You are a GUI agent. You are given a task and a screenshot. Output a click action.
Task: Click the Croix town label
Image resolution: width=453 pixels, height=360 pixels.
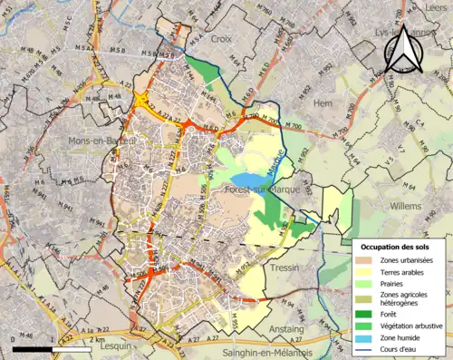pos(221,40)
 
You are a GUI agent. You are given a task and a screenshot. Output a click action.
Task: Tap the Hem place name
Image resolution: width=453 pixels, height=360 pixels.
pos(323,103)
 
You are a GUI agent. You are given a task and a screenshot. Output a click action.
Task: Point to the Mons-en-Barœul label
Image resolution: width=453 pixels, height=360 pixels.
pos(101,141)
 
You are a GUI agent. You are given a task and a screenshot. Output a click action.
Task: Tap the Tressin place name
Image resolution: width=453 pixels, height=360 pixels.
pos(284,269)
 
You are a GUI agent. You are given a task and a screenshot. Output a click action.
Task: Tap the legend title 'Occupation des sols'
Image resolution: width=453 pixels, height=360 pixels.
pos(399,247)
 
